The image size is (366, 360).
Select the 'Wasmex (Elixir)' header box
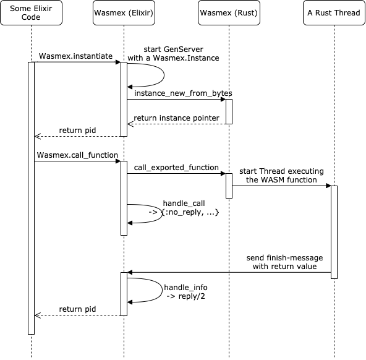pyautogui.click(x=124, y=14)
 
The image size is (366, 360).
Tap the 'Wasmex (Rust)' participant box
pyautogui.click(x=229, y=14)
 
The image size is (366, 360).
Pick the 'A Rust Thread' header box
pyautogui.click(x=334, y=14)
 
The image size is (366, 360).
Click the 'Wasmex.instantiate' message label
pyautogui.click(x=75, y=56)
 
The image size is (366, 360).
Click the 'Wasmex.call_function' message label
pyautogui.click(x=77, y=155)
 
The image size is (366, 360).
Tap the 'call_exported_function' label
pyautogui.click(x=176, y=168)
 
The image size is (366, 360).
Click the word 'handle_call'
pyautogui.click(x=184, y=203)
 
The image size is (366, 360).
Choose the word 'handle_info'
pyautogui.click(x=185, y=288)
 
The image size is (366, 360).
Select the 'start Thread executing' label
pyautogui.click(x=282, y=171)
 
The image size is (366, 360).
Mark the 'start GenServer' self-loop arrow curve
pyautogui.click(x=163, y=75)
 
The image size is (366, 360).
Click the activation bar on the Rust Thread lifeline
pyautogui.click(x=334, y=232)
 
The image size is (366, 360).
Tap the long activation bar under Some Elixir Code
pyautogui.click(x=31, y=198)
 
